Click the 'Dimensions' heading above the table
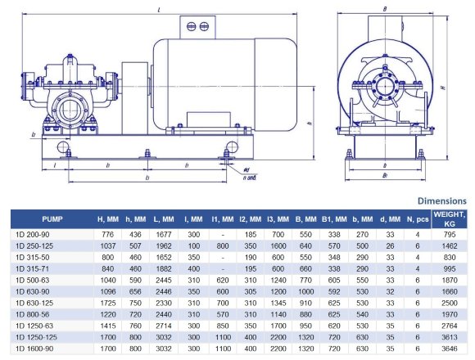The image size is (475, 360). pos(442,200)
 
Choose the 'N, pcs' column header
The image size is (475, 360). pos(418,219)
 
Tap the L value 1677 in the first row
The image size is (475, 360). pos(165,235)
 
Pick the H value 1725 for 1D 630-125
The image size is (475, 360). pos(107,302)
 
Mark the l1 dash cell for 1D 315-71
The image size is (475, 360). pos(223,268)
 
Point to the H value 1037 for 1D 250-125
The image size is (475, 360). pos(107,245)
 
